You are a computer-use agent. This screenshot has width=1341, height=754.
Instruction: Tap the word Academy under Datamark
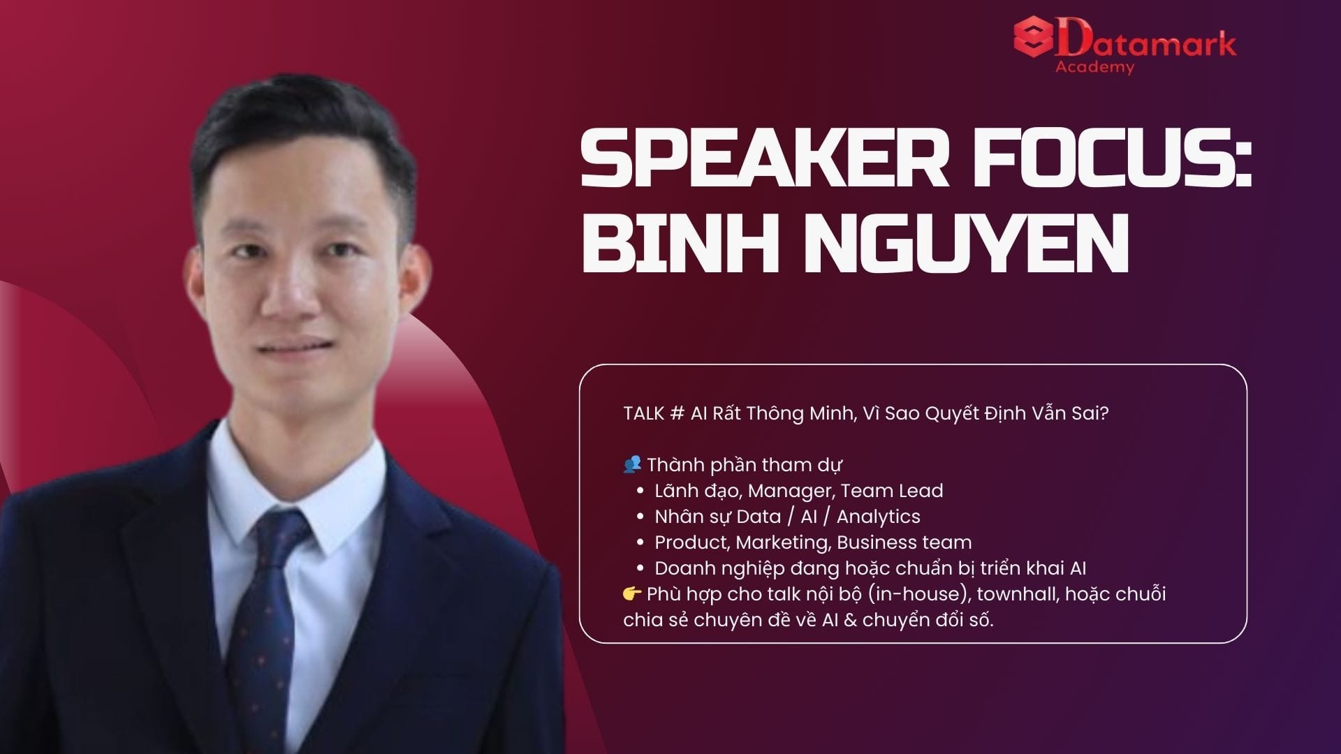pos(1094,67)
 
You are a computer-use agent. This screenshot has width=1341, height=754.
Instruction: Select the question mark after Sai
pos(1104,413)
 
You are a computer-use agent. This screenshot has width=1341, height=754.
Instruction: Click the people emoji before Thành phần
pos(631,464)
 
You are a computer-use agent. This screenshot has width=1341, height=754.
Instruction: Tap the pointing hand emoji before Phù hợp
pos(632,593)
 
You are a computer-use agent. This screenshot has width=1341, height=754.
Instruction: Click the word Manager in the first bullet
pos(791,491)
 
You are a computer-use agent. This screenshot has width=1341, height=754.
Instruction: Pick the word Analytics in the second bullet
pos(879,517)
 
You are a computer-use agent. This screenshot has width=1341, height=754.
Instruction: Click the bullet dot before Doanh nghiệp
pos(640,568)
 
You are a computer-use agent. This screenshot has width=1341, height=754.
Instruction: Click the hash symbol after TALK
pos(676,413)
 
